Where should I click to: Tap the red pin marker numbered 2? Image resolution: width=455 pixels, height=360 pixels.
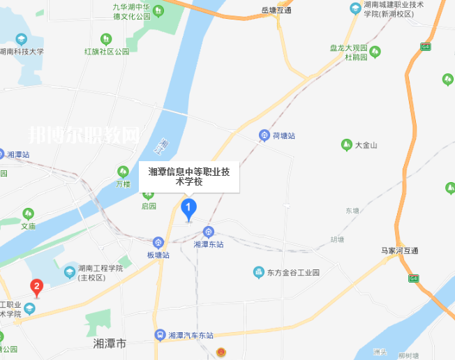[36, 286]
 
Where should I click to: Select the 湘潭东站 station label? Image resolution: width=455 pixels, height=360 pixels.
[208, 244]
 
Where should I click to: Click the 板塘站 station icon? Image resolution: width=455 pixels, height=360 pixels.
[158, 242]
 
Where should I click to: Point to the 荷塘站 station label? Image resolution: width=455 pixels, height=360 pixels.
[283, 135]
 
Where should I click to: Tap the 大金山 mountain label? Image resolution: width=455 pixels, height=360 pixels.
[366, 145]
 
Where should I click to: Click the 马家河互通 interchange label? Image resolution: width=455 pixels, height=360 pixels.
[399, 250]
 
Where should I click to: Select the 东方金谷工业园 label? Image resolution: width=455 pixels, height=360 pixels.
[292, 272]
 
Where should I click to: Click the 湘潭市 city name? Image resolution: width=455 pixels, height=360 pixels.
[110, 344]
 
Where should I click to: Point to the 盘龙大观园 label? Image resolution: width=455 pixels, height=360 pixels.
[349, 47]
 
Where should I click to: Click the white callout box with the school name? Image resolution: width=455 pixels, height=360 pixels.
[189, 176]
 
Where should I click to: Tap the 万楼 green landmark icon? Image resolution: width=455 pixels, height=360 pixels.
[124, 171]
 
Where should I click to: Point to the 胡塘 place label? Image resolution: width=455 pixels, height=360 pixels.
[337, 239]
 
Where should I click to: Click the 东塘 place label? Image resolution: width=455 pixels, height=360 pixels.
[352, 210]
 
